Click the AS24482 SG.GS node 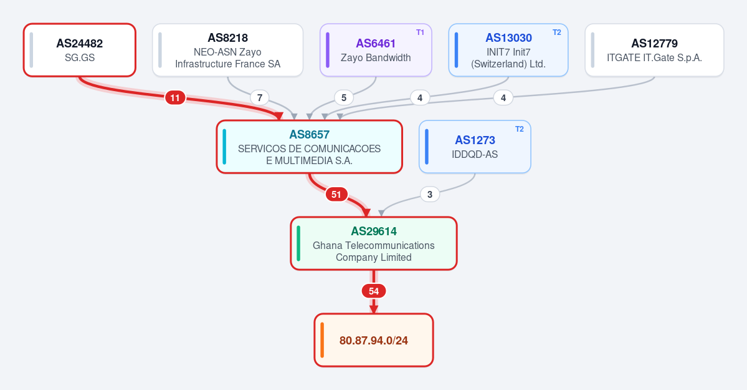[x=80, y=50]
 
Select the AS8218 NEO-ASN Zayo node [x=228, y=50]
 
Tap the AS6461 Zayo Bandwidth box [x=376, y=50]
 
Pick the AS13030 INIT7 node [x=508, y=50]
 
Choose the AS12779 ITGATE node [x=654, y=50]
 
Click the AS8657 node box [x=310, y=147]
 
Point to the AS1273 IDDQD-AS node [x=475, y=147]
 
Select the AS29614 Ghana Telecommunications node [x=374, y=243]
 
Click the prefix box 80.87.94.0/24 [x=374, y=340]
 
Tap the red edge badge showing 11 [x=175, y=98]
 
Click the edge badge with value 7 [x=260, y=98]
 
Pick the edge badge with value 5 [x=344, y=98]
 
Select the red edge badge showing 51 [x=336, y=194]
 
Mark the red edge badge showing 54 [x=374, y=291]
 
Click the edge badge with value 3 [x=430, y=194]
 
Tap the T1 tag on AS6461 [x=420, y=32]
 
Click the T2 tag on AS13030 [x=557, y=32]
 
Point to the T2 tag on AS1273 [x=520, y=129]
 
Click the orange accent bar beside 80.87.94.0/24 [x=322, y=340]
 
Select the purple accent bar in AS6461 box [x=328, y=50]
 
